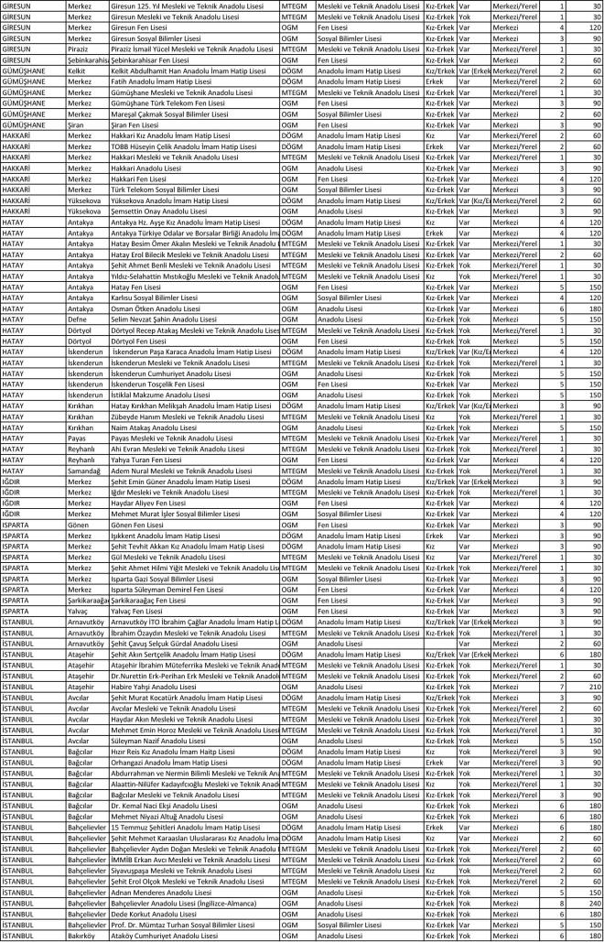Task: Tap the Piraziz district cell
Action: [80, 49]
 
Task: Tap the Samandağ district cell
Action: [84, 469]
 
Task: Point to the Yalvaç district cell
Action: [80, 610]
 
